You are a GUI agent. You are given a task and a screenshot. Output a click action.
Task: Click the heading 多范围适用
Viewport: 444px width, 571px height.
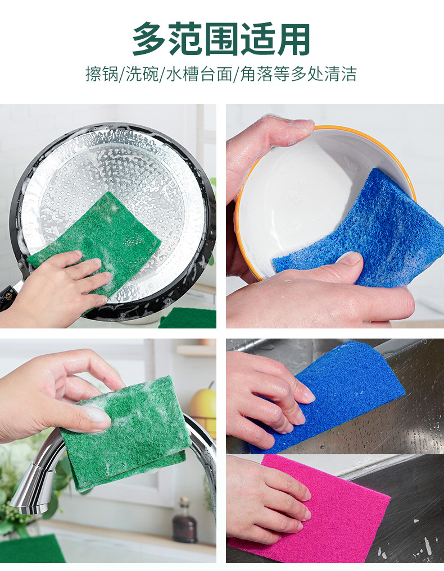point(221,40)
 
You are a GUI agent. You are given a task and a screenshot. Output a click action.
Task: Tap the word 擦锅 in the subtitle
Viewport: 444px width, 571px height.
point(101,74)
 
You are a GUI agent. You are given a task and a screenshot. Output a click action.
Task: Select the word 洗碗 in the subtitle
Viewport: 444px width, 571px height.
point(142,74)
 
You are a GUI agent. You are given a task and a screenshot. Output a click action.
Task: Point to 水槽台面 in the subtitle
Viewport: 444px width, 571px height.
point(198,74)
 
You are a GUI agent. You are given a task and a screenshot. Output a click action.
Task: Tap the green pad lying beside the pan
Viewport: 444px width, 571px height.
point(188,319)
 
